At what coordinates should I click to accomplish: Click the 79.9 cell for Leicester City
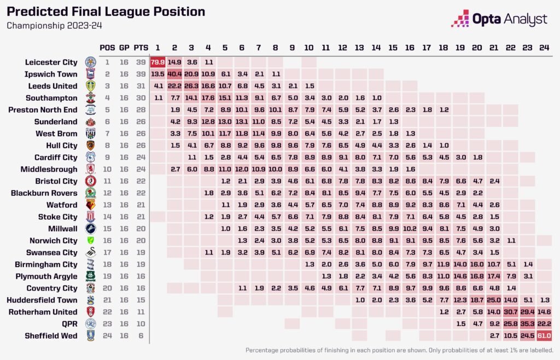coord(157,62)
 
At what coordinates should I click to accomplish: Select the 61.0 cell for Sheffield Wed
coord(544,335)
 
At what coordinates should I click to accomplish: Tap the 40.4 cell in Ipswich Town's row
coord(174,74)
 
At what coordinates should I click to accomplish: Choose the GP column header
coord(124,47)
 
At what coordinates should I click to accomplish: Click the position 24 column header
coord(544,47)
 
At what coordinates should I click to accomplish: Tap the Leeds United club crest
coord(90,86)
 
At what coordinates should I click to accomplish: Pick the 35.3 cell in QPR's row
coord(527,323)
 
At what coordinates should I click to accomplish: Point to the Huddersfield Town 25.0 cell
coord(493,300)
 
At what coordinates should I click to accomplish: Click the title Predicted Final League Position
coord(106,11)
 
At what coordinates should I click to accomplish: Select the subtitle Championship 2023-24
coord(54,25)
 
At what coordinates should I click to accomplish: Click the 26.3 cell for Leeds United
coord(191,86)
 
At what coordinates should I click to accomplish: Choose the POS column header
coord(108,47)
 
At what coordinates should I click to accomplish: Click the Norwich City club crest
coord(90,240)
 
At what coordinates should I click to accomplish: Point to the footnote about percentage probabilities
coord(399,350)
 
